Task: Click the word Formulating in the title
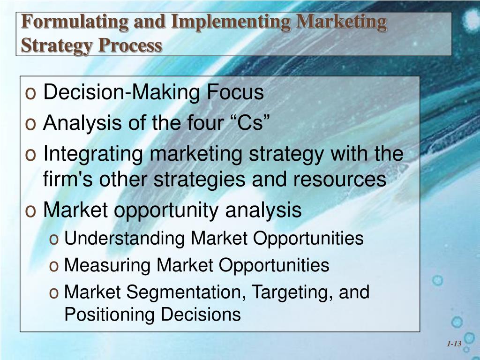pyautogui.click(x=69, y=22)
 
